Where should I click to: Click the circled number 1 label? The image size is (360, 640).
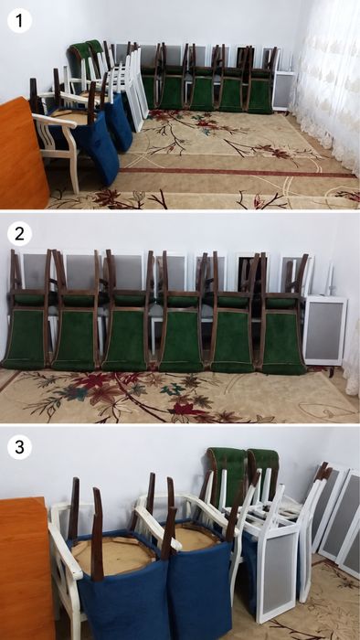click(19, 20)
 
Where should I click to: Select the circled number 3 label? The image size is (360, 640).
click(19, 447)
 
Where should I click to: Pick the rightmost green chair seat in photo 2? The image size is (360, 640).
click(283, 343)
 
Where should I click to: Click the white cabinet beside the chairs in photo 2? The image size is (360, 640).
click(325, 330)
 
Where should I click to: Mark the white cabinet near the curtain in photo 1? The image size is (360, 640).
click(284, 91)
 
